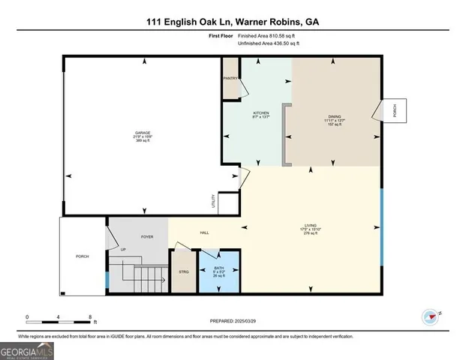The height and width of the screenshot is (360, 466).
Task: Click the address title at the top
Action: click(x=233, y=22)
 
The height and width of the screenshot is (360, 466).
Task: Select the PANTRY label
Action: click(x=231, y=78)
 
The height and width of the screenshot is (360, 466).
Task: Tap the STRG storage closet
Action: click(x=183, y=271)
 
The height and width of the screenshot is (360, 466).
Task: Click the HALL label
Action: click(x=204, y=232)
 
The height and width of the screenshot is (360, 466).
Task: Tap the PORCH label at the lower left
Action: click(x=83, y=256)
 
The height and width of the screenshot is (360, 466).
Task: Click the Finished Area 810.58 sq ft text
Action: click(x=267, y=36)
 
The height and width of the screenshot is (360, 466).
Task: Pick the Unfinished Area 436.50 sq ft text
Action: click(x=269, y=44)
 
